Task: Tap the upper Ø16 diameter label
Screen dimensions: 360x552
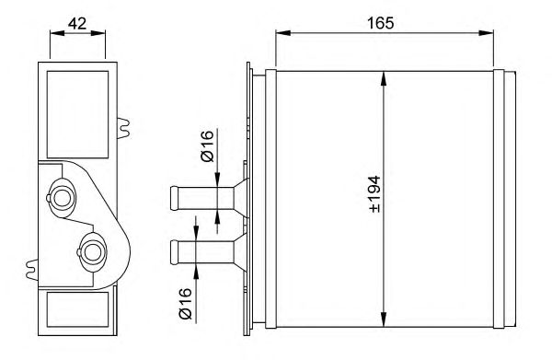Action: click(x=207, y=147)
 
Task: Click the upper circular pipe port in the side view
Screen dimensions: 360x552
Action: click(x=63, y=197)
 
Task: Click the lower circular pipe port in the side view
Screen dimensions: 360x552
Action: click(x=92, y=249)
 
